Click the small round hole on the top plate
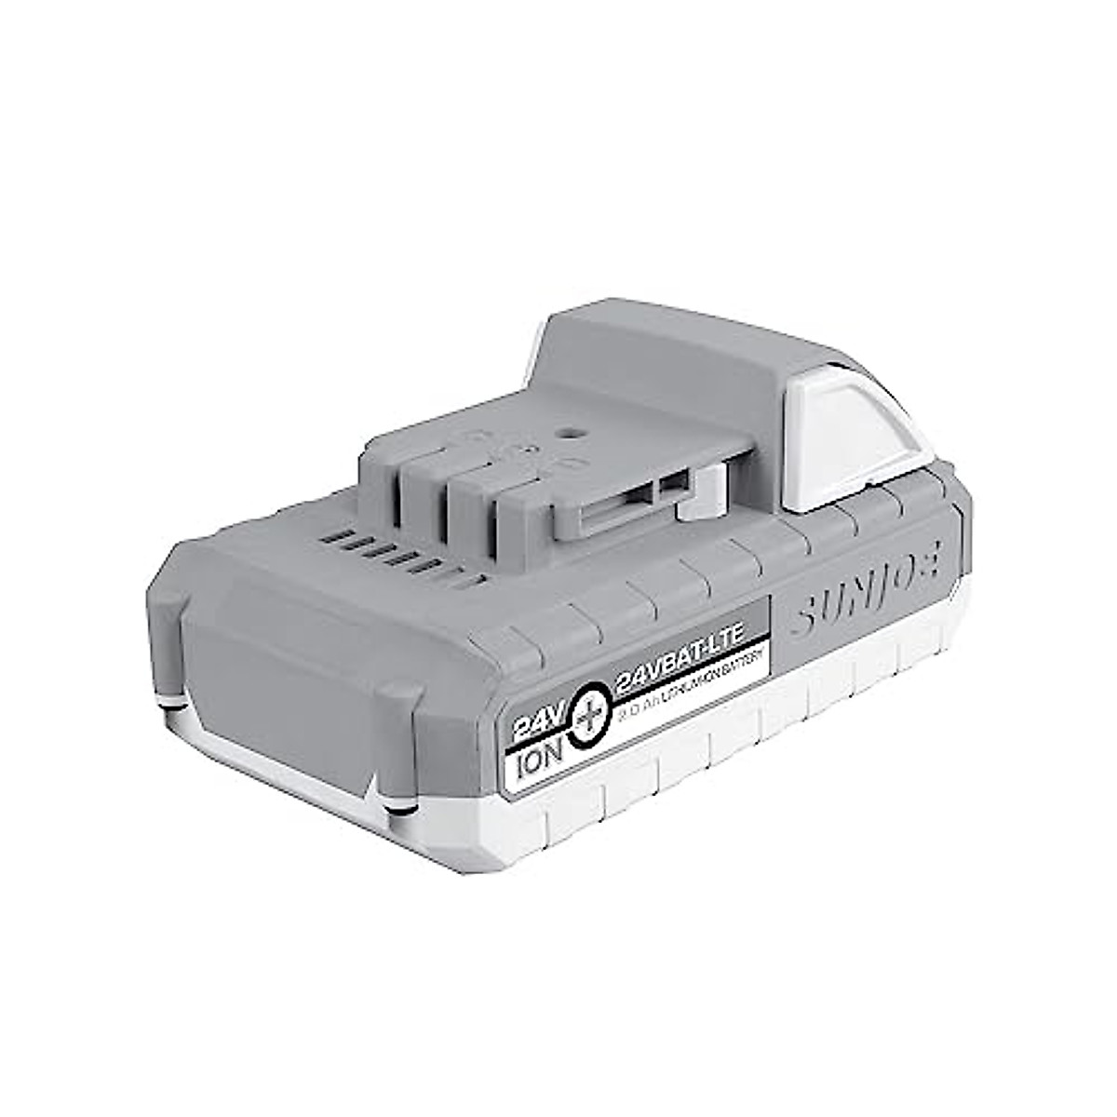567,432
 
